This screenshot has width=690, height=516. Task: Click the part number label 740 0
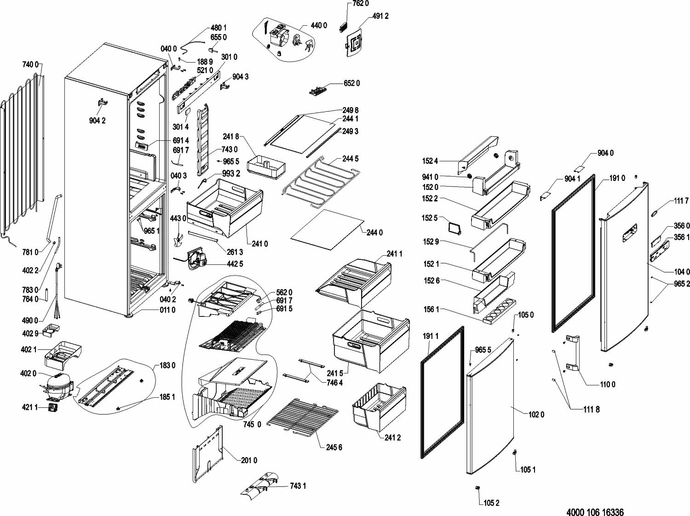click(30, 64)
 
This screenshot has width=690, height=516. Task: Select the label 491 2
click(380, 16)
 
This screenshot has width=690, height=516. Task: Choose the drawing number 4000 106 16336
click(595, 511)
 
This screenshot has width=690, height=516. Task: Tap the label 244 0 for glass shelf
click(375, 233)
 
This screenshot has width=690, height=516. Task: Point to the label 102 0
click(536, 415)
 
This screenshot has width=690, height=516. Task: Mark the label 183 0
click(167, 366)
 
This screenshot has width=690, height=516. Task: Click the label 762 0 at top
click(361, 4)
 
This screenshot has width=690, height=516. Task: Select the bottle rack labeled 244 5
click(321, 182)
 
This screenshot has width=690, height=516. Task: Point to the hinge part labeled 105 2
click(477, 487)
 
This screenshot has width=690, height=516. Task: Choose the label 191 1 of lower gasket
click(431, 336)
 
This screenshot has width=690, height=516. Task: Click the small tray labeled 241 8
click(266, 167)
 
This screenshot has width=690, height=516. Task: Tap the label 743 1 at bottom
click(298, 486)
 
